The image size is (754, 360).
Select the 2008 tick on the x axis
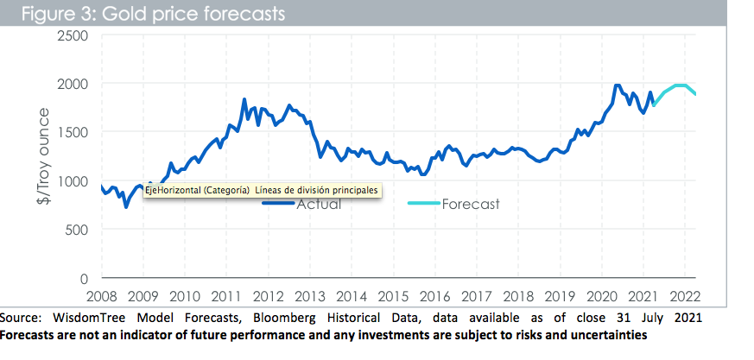coord(102,294)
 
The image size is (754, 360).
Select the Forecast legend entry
coord(470,205)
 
